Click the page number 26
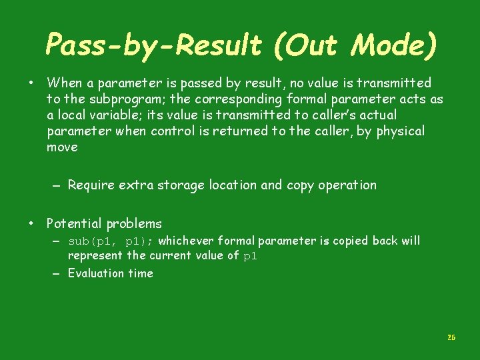point(451,338)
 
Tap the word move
point(62,147)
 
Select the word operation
point(346,185)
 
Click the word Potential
point(74,223)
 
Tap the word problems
point(133,223)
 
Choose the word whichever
point(187,240)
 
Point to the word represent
point(95,255)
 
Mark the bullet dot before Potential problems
point(31,223)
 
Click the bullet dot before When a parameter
point(31,83)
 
